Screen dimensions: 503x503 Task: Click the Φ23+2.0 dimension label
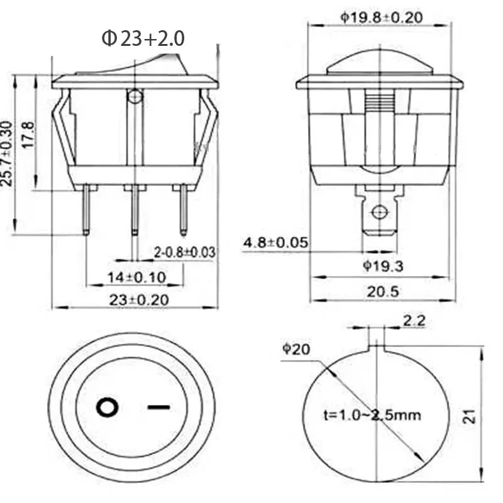[x=143, y=38]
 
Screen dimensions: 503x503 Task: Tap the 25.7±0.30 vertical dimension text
[x=7, y=153]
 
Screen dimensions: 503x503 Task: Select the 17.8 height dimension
[x=28, y=135]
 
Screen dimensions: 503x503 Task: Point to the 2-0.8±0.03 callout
[x=184, y=252]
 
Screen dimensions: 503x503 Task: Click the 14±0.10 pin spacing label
[x=136, y=277]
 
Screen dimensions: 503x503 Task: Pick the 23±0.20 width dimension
[x=139, y=300]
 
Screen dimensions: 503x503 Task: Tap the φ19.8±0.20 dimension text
[x=382, y=18]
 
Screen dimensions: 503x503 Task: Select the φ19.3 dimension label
[x=383, y=266]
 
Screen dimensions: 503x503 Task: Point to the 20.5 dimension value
[x=383, y=292]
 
